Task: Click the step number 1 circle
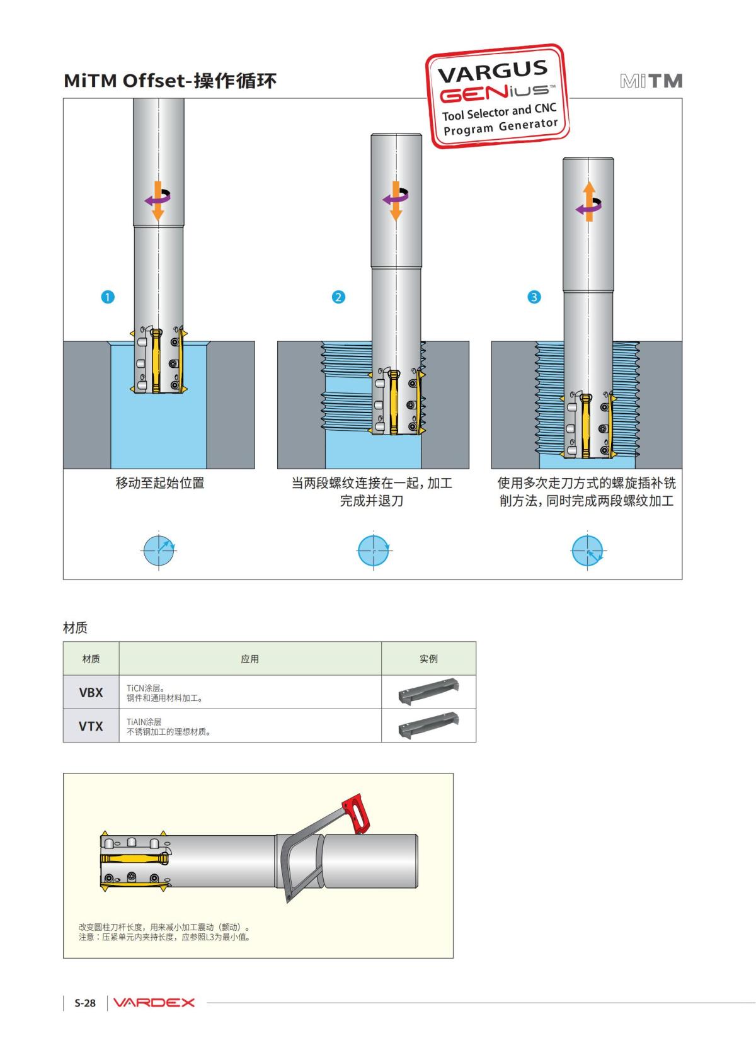[108, 297]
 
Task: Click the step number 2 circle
[339, 297]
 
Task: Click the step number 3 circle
[534, 297]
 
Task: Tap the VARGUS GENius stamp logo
[498, 96]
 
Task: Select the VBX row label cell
[91, 692]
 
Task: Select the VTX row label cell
[91, 726]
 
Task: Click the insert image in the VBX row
[428, 692]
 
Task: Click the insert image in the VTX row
[428, 726]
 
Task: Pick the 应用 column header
[249, 659]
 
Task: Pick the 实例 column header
[428, 659]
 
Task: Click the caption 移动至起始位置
[160, 483]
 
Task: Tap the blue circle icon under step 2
[374, 550]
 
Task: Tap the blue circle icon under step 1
[159, 550]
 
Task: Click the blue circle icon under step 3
[587, 550]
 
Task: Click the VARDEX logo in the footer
[154, 1003]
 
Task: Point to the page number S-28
[85, 1003]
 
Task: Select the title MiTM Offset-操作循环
[170, 81]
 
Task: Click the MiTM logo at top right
[651, 81]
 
